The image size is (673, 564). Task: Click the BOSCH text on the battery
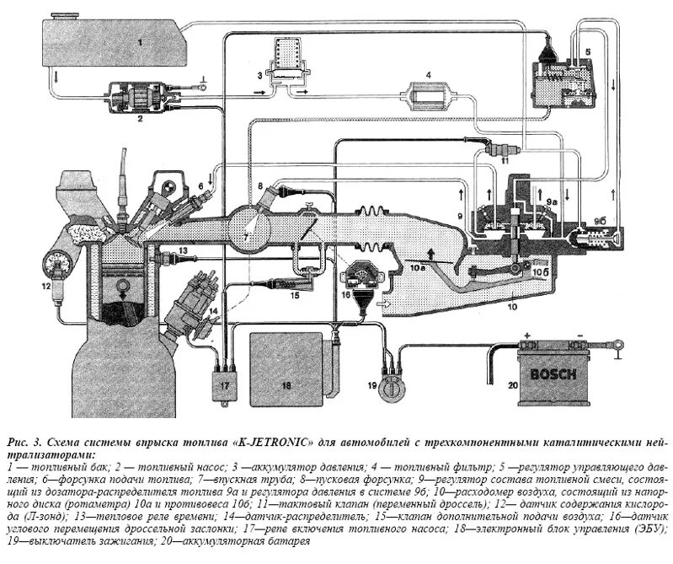tap(552, 374)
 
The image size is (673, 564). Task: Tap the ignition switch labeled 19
tap(391, 393)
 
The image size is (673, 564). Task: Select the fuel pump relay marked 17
tap(224, 388)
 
